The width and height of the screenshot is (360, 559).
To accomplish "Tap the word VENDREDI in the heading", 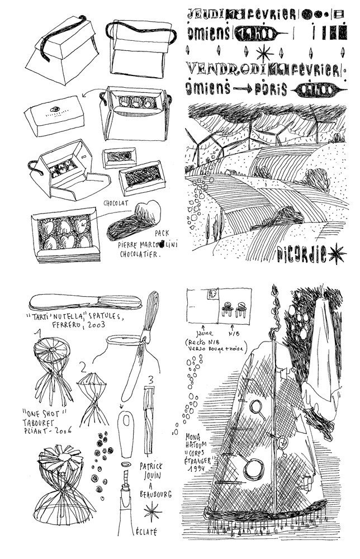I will [x=216, y=70].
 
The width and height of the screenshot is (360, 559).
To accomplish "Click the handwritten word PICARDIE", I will [x=301, y=255].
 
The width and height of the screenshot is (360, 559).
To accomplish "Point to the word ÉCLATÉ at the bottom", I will [x=147, y=533].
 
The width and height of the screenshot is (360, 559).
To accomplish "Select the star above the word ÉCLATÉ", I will [x=150, y=511].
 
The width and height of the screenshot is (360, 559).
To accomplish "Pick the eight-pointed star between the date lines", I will [x=262, y=53].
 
